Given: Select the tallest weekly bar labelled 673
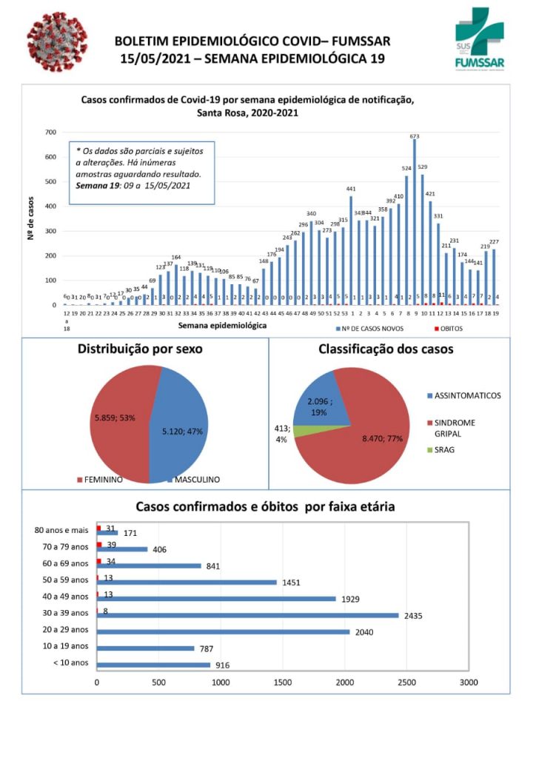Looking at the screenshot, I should (x=415, y=222).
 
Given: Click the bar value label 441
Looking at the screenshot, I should (x=351, y=189).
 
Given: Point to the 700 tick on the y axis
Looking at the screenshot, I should (x=50, y=133).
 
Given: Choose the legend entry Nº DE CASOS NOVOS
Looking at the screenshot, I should (x=371, y=327).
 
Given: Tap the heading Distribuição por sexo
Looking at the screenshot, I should (x=140, y=349).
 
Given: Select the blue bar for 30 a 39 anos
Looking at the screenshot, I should (x=247, y=615).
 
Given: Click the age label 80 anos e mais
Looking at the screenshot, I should (x=61, y=530).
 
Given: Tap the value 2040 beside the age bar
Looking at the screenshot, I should (x=364, y=632).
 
